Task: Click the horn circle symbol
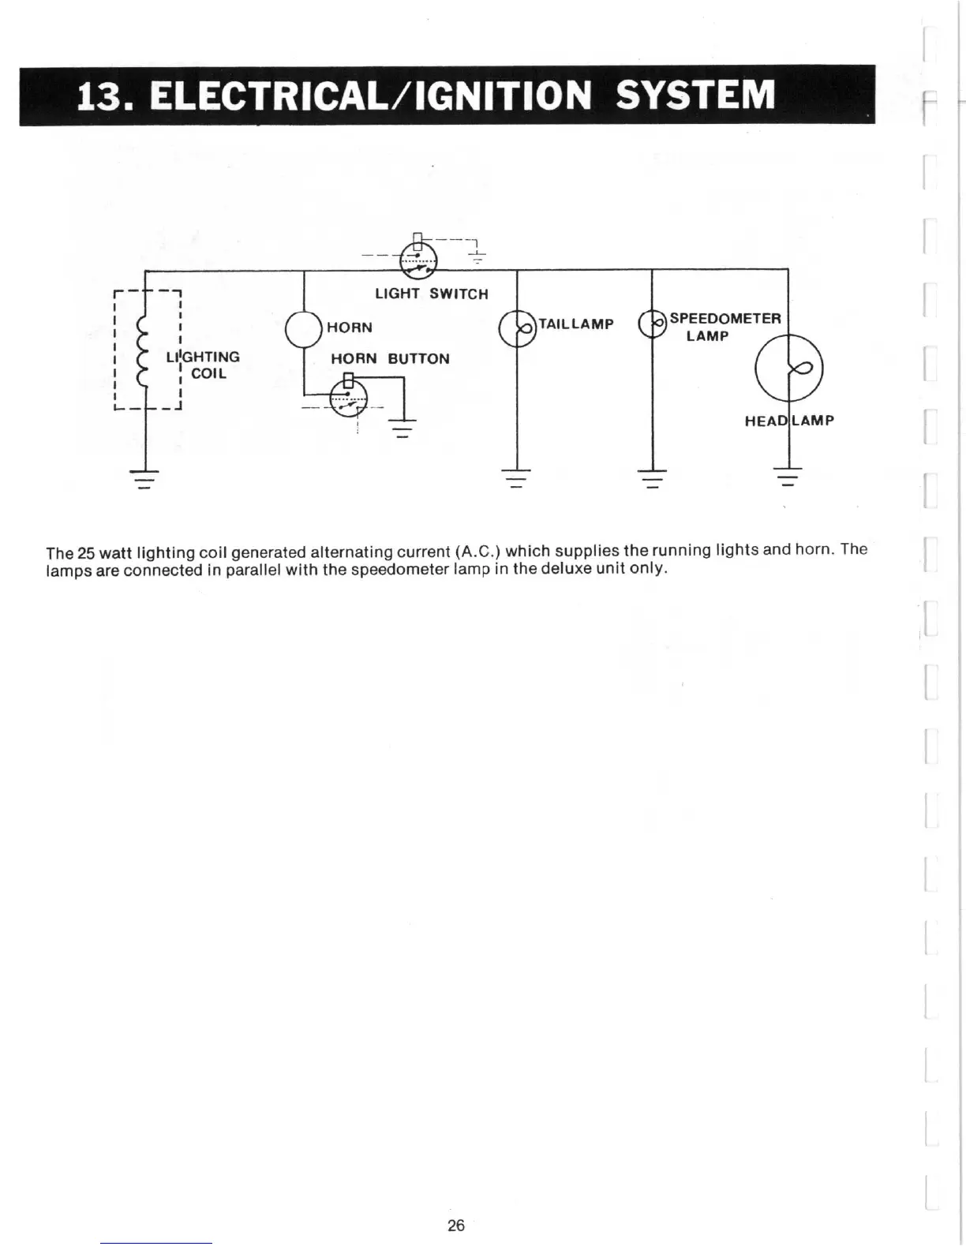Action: click(x=303, y=329)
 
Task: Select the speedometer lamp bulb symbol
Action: click(x=652, y=323)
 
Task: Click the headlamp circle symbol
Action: click(x=788, y=369)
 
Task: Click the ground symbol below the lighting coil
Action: click(x=144, y=478)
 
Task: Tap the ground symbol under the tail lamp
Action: click(x=516, y=478)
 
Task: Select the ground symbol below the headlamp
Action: click(x=788, y=477)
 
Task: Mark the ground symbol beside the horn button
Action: click(x=402, y=428)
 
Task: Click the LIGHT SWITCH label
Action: click(x=431, y=294)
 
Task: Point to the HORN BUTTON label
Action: click(x=390, y=359)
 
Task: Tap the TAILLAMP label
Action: click(x=575, y=324)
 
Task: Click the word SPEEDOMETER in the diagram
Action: click(x=724, y=319)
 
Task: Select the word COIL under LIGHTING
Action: click(x=208, y=374)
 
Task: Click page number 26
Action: click(x=456, y=1226)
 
